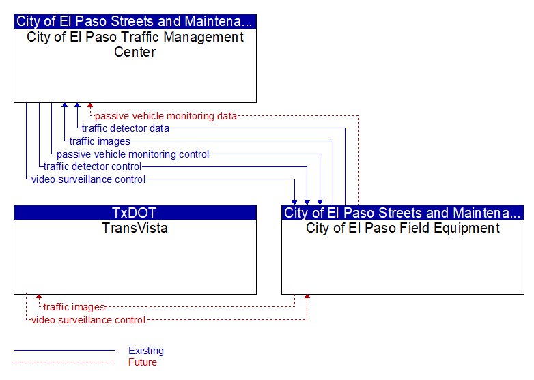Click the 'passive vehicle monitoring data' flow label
165,116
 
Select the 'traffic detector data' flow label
126,128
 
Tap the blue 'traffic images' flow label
100,141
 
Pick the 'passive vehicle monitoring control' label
133,154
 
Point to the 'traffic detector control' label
92,166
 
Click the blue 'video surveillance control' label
89,179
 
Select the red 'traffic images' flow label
74,307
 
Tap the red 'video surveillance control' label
89,320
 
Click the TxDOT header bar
135,213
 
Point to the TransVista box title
135,228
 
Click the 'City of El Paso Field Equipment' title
403,228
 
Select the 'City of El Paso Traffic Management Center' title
135,44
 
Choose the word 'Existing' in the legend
146,351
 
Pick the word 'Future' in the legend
143,362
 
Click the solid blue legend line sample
64,350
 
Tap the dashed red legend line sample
64,362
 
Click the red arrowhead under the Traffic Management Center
90,106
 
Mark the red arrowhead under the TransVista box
39,297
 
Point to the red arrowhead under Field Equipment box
307,297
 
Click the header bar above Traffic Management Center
135,21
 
